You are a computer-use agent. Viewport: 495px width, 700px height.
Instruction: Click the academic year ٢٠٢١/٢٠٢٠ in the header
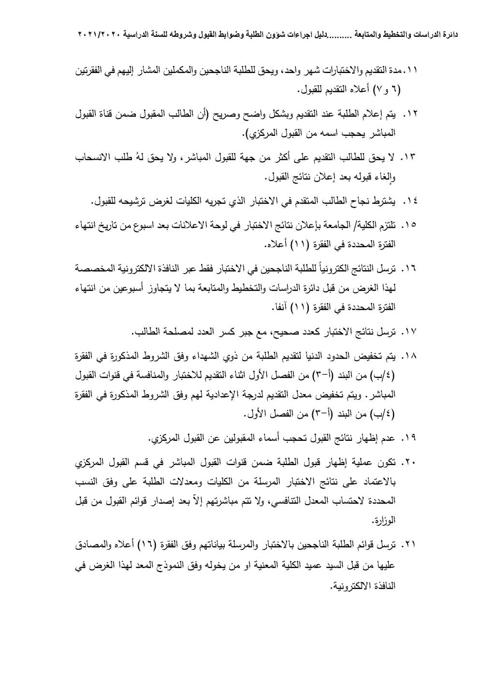100,35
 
